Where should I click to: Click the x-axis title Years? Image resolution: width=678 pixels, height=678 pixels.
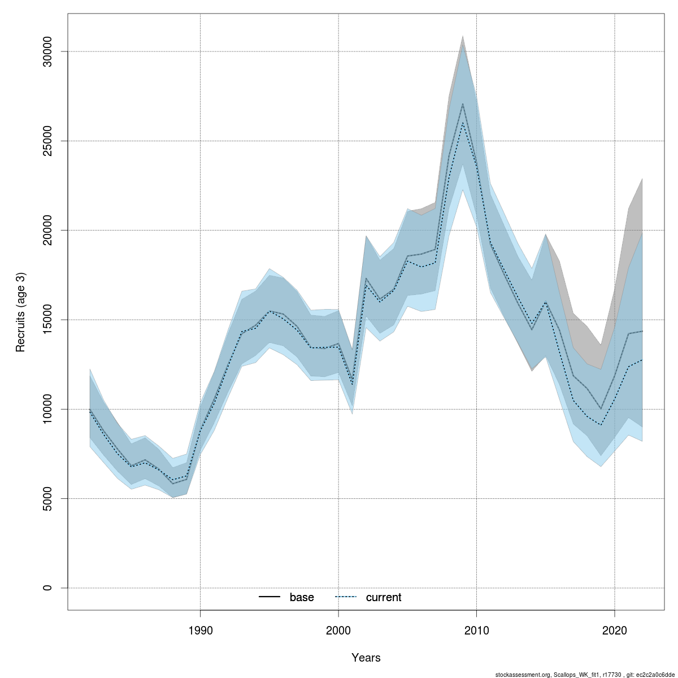click(366, 658)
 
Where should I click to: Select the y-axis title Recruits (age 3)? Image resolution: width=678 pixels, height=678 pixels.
click(21, 312)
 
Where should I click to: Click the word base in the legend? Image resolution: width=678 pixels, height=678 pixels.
click(302, 597)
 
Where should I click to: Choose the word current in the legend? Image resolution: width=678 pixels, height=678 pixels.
click(384, 597)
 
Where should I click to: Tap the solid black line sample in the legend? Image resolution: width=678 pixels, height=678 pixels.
click(270, 597)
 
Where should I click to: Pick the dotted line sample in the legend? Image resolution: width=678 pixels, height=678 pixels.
click(346, 597)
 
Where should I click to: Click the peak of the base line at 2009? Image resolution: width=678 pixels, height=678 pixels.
click(463, 103)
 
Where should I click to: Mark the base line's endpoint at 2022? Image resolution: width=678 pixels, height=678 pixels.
click(642, 331)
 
